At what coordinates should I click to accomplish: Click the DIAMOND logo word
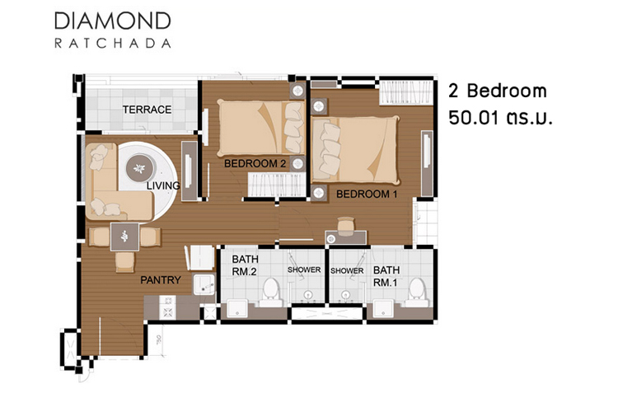113,21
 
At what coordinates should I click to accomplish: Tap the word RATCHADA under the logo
113,43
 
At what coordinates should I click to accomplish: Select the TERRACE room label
147,110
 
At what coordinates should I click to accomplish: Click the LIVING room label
163,185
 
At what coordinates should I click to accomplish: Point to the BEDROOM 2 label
255,163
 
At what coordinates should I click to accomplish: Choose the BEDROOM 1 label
367,194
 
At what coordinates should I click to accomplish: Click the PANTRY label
161,280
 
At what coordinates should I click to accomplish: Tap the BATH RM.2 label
245,265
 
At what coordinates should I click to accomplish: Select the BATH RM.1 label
386,276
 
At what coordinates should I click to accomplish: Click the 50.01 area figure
473,118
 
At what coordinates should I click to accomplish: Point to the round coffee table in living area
139,168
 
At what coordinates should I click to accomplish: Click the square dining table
124,236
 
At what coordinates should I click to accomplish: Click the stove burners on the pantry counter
167,307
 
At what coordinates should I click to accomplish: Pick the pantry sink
204,284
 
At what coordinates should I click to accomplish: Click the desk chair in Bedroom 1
346,225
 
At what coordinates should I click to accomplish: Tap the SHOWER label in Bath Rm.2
304,269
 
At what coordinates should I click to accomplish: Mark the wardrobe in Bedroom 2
277,185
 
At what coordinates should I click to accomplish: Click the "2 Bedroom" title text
498,91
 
